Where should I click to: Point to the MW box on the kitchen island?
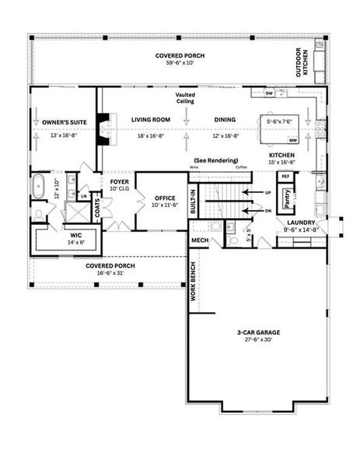(x=293, y=141)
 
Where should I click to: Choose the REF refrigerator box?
(x=285, y=177)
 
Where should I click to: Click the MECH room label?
(x=200, y=241)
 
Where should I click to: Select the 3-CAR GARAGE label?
(x=259, y=333)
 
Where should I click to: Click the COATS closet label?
(x=98, y=208)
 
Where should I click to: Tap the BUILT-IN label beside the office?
(x=194, y=200)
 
